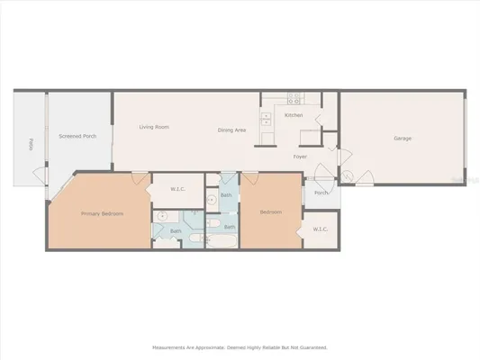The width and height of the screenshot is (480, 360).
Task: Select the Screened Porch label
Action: (x=77, y=136)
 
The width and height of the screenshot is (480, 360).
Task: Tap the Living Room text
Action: (x=154, y=127)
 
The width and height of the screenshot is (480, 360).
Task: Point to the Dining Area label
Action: (x=232, y=130)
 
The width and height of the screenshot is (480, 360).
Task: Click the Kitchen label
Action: (x=294, y=116)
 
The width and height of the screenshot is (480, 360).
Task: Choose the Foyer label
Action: (x=300, y=157)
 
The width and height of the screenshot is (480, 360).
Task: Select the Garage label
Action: (x=403, y=138)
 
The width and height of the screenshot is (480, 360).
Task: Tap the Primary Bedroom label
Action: (x=102, y=213)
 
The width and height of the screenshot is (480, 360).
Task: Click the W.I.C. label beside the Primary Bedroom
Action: (x=178, y=189)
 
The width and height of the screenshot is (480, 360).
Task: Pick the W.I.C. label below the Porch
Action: (x=322, y=229)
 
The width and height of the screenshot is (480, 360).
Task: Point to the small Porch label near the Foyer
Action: (x=321, y=193)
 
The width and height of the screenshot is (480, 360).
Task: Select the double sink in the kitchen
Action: (x=266, y=118)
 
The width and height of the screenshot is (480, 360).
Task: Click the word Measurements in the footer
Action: (x=171, y=346)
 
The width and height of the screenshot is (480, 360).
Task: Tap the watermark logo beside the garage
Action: (x=461, y=180)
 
